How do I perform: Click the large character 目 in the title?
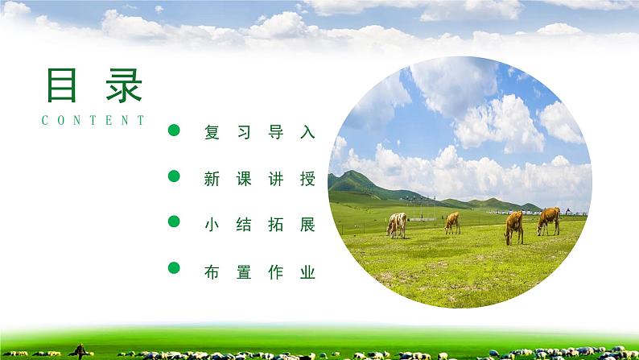(61, 84)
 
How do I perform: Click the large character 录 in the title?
(122, 84)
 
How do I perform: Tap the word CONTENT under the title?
(93, 121)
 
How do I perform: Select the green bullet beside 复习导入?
(173, 130)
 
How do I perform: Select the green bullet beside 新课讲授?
(173, 176)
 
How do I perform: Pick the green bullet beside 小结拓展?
(173, 221)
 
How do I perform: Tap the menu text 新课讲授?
(260, 179)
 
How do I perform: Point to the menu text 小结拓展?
(260, 225)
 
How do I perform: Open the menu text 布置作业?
(260, 272)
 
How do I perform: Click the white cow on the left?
(397, 225)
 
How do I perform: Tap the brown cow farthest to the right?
(549, 219)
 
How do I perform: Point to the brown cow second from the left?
(452, 222)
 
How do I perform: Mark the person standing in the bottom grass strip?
(80, 350)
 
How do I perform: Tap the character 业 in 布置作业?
(307, 272)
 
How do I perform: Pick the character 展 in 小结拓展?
(307, 225)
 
